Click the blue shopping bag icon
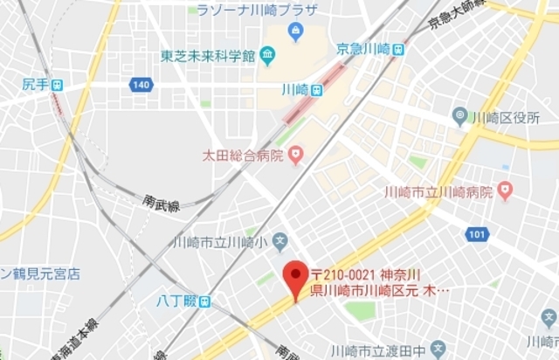[x=295, y=33]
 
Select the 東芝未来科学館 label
[x=206, y=57]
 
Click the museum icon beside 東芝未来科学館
[x=266, y=57]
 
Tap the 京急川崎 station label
[x=362, y=50]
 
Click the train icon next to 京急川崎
[x=398, y=50]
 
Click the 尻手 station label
[x=35, y=85]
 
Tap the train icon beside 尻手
[x=58, y=85]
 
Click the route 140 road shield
[x=141, y=85]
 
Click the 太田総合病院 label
[x=238, y=156]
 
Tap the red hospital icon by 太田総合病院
[x=296, y=156]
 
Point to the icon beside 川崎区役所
[x=459, y=115]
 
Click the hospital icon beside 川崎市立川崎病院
[x=505, y=190]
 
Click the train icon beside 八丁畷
[x=204, y=302]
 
